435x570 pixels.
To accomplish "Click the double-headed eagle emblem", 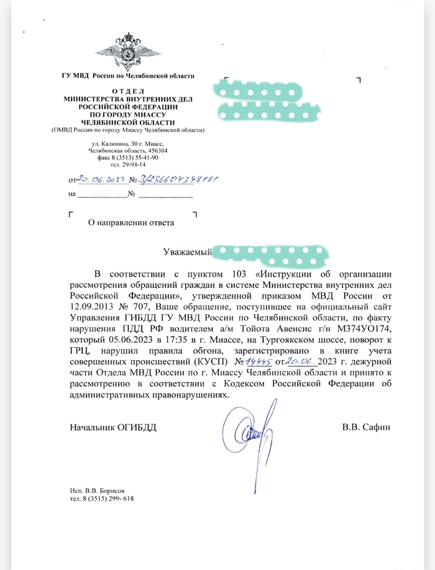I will [128, 53].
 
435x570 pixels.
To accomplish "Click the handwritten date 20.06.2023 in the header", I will [99, 179].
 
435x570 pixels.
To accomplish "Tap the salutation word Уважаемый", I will [188, 252].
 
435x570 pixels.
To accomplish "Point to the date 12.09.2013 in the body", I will [94, 307].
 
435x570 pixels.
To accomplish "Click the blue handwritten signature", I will [249, 428].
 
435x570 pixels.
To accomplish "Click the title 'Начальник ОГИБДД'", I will [114, 428].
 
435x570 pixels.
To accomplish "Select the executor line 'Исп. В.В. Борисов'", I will [101, 491].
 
